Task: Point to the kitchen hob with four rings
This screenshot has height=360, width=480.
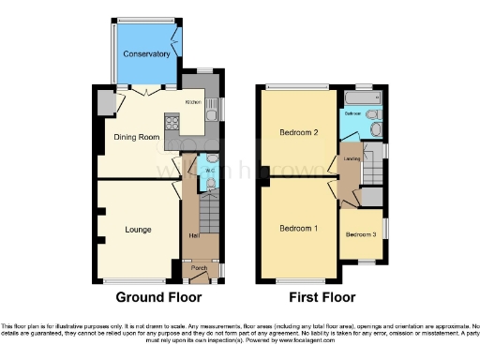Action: tap(172, 121)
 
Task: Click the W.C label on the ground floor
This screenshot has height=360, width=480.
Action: tap(210, 172)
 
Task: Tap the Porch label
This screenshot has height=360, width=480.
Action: tap(199, 268)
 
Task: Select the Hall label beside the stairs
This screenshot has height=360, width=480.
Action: tap(194, 234)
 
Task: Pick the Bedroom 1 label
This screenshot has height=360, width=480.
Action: tap(298, 228)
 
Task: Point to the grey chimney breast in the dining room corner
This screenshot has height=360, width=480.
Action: tap(103, 102)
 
